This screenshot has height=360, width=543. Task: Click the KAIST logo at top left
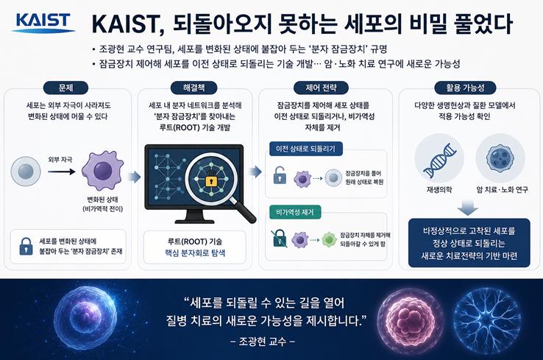43,23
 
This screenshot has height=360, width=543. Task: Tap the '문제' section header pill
65,88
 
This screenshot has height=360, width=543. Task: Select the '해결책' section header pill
194,88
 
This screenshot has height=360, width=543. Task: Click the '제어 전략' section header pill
321,88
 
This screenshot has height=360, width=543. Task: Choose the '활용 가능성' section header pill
465,88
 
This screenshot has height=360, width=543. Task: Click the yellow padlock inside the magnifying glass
211,180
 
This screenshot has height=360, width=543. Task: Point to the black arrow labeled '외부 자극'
61,172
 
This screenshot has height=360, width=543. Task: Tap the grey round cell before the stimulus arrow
26,171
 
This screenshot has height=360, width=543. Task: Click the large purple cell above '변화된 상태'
102,171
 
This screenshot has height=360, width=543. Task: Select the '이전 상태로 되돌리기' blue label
306,149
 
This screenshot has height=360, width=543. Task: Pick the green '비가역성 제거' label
295,212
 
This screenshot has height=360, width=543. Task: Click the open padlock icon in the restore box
280,175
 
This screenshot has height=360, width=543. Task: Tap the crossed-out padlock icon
279,238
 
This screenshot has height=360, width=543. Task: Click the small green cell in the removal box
329,239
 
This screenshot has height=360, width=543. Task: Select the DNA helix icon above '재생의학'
440,160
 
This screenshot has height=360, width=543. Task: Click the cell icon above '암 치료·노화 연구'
500,159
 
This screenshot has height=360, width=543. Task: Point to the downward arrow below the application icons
467,208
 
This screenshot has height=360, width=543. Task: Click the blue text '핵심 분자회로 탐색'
195,253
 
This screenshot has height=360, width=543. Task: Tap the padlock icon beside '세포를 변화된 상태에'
26,247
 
